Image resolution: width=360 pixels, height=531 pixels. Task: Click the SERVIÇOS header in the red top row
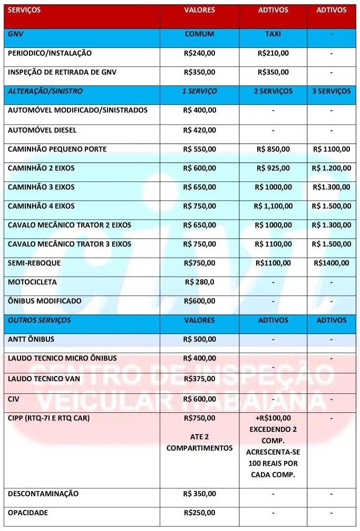24,10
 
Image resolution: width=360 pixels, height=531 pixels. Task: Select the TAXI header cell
273,34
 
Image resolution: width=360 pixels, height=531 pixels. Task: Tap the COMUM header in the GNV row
199,34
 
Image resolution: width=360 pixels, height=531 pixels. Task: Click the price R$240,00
199,53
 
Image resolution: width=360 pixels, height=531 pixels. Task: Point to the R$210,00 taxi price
273,53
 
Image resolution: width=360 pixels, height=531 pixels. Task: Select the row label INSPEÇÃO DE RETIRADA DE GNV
62,72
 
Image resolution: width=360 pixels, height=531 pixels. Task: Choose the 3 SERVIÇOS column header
331,91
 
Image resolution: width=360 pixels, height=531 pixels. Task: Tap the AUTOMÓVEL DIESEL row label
42,130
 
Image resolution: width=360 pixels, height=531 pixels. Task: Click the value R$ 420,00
199,130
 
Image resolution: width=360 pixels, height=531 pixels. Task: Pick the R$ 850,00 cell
273,149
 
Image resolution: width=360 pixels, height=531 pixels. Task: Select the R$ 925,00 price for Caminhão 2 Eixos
273,168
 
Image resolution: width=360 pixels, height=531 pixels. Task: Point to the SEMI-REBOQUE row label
34,263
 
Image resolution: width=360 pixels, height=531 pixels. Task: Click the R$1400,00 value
331,263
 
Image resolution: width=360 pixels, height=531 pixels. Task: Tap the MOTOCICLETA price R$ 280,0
199,282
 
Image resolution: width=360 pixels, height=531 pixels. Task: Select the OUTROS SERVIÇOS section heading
40,320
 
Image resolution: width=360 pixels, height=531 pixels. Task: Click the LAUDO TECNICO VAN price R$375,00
199,379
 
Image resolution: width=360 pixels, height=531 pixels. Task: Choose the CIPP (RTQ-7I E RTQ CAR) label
49,418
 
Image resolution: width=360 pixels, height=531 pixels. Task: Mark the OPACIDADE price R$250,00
199,513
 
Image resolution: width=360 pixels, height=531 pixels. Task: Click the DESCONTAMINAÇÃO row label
43,494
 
